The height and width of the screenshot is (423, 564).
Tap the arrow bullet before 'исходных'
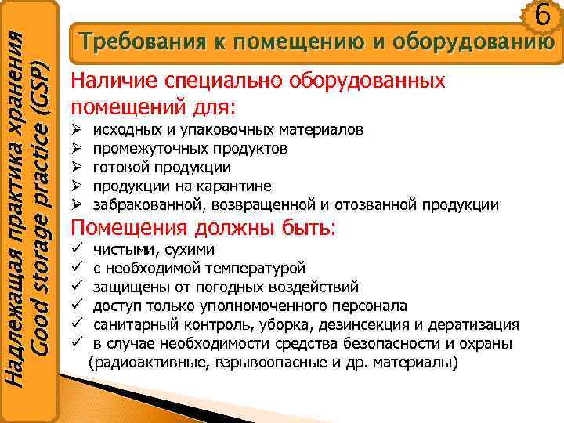(77, 129)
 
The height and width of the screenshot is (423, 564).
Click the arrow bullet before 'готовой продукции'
(77, 167)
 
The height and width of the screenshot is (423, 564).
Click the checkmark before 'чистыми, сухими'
(77, 250)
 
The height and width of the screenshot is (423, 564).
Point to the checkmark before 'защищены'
(77, 287)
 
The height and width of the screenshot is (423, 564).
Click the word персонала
(368, 305)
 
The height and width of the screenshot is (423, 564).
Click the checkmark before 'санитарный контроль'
(77, 324)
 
